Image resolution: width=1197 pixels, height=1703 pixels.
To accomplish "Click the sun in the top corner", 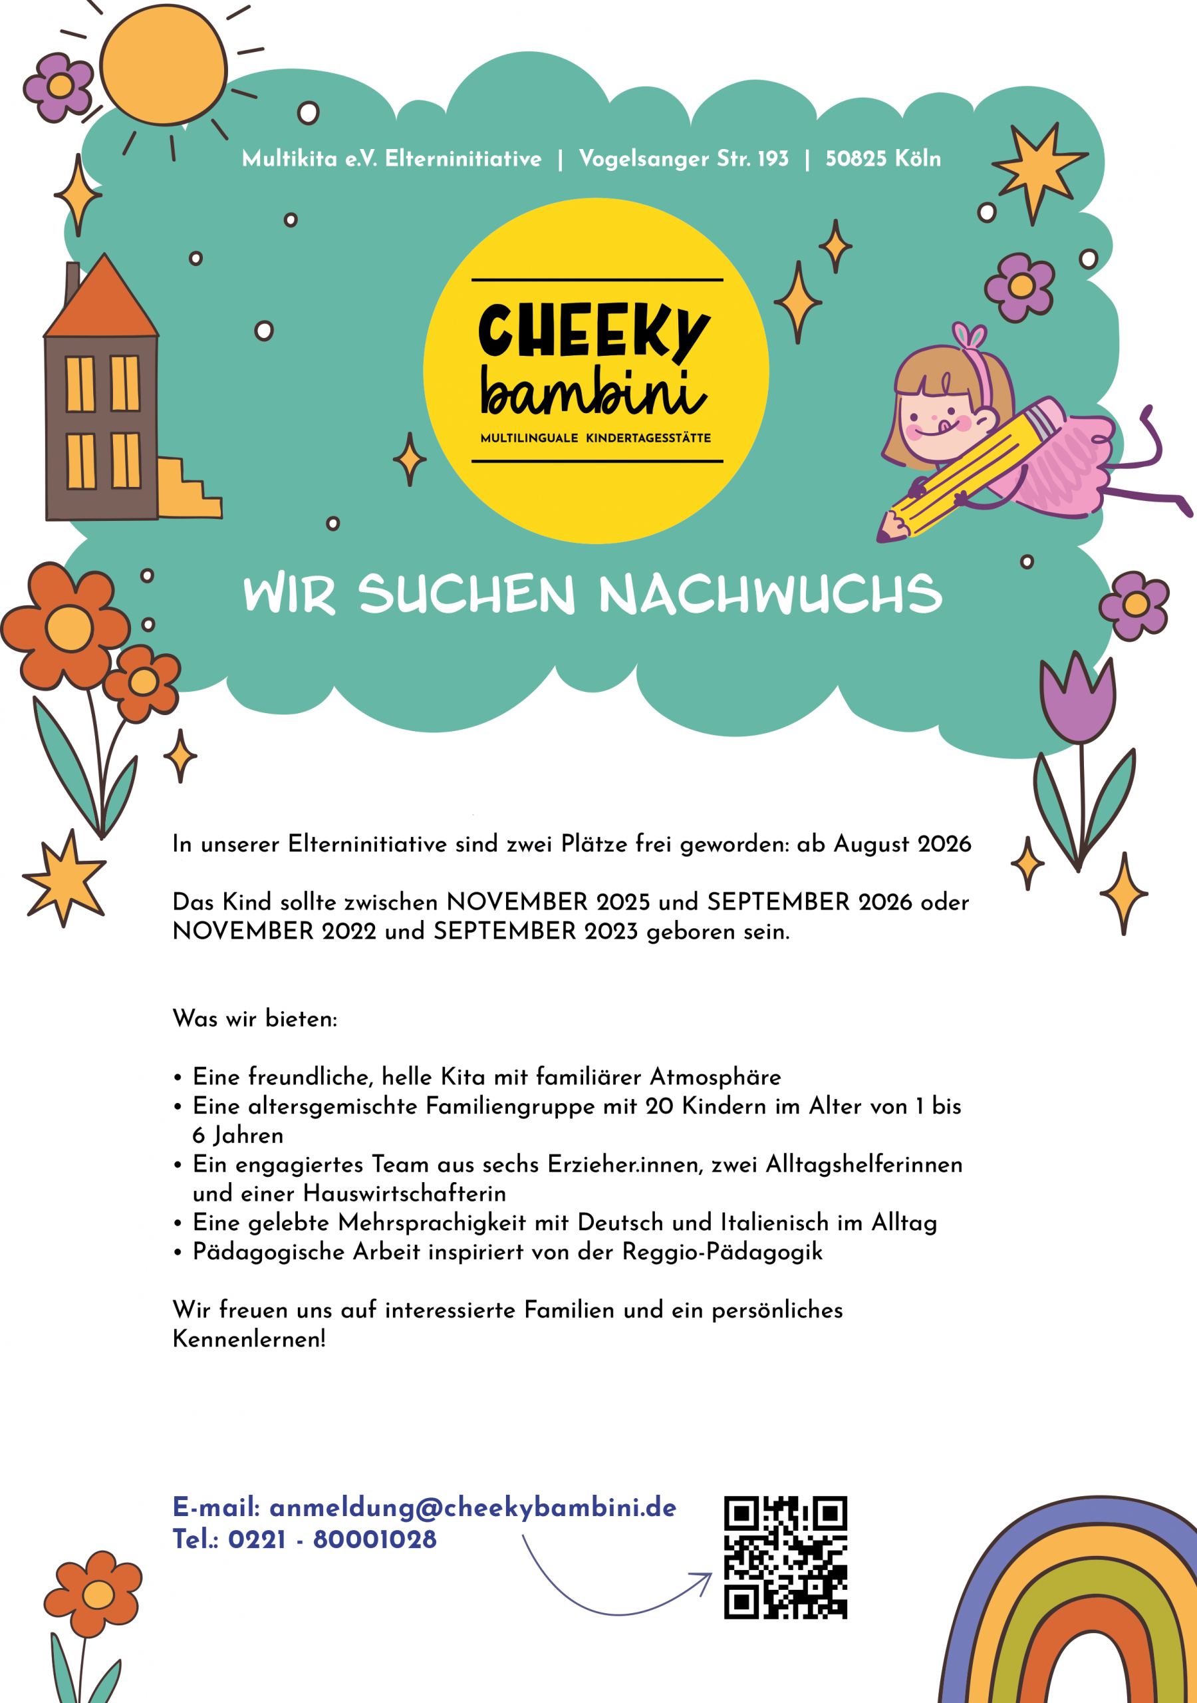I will pyautogui.click(x=163, y=65).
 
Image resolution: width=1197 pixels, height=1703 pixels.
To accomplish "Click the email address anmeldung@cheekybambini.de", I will pyautogui.click(x=472, y=1507).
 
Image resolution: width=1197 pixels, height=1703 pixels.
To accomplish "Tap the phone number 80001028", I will pyautogui.click(x=374, y=1540).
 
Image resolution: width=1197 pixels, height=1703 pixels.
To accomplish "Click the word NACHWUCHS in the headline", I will pyautogui.click(x=770, y=595).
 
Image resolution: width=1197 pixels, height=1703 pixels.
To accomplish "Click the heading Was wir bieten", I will pyautogui.click(x=255, y=1019).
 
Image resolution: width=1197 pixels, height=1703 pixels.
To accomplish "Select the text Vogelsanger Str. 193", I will pyautogui.click(x=683, y=159).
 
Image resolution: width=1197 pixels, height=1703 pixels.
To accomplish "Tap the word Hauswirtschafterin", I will pyautogui.click(x=404, y=1193).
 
